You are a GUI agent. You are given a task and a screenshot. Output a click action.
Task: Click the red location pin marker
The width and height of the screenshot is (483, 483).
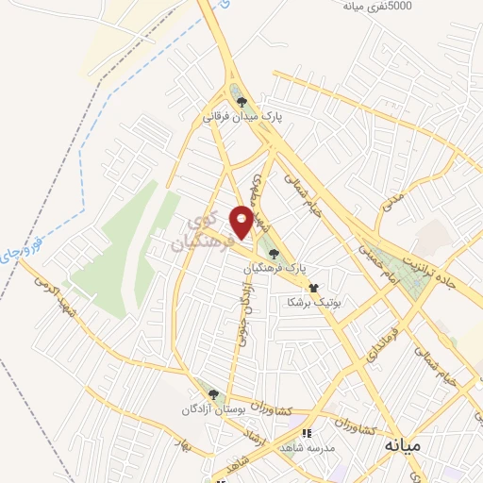(x=241, y=222)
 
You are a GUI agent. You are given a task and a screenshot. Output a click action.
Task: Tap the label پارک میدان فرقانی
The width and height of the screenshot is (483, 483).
(x=241, y=119)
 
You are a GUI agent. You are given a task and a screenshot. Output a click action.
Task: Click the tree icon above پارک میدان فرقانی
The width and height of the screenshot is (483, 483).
(x=241, y=102)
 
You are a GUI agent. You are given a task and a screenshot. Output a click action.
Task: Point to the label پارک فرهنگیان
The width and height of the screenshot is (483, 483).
(x=274, y=269)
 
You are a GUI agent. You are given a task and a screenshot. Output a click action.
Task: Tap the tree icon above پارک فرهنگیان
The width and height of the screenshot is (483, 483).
(x=274, y=253)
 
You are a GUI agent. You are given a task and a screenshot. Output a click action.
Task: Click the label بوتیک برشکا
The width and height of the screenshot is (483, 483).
(x=314, y=303)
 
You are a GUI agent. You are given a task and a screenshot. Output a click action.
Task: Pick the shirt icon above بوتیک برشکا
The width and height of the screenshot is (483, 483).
(x=314, y=288)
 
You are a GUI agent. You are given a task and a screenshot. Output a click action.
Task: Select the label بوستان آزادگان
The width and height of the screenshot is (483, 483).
(x=213, y=412)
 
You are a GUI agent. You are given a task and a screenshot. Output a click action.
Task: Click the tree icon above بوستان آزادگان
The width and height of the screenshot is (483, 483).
(x=213, y=395)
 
